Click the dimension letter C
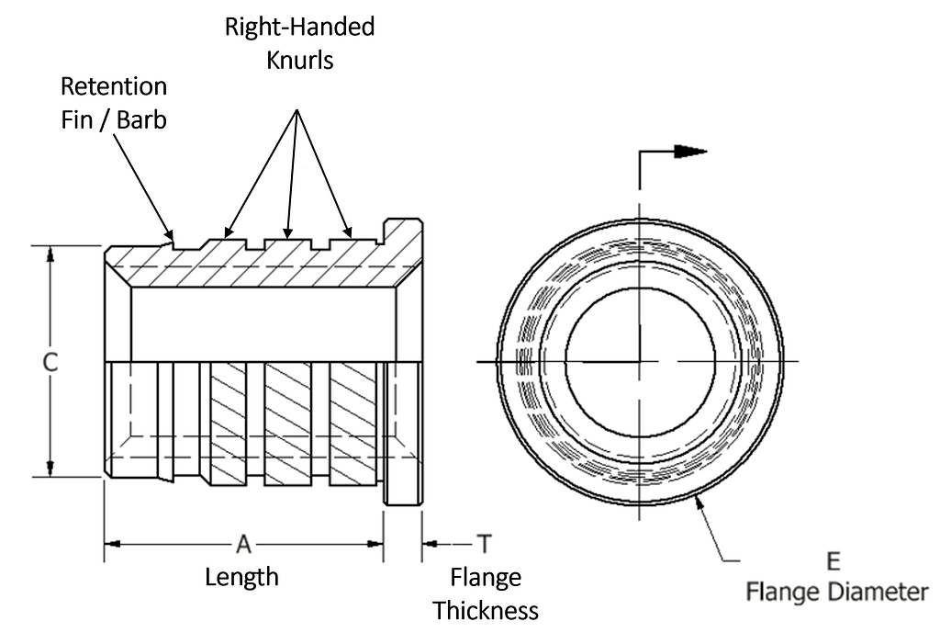(50, 362)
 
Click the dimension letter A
(242, 544)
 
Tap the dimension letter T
(485, 544)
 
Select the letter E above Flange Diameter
(834, 561)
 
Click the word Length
(241, 577)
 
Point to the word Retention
(114, 86)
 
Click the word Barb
(141, 119)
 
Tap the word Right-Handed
(300, 27)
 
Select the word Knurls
(300, 60)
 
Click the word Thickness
(486, 610)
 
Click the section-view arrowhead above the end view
(690, 152)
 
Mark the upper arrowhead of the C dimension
(50, 255)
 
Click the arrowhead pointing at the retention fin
(169, 234)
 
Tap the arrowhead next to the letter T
(431, 544)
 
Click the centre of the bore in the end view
(640, 361)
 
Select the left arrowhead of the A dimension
(113, 544)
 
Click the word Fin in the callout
(76, 119)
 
